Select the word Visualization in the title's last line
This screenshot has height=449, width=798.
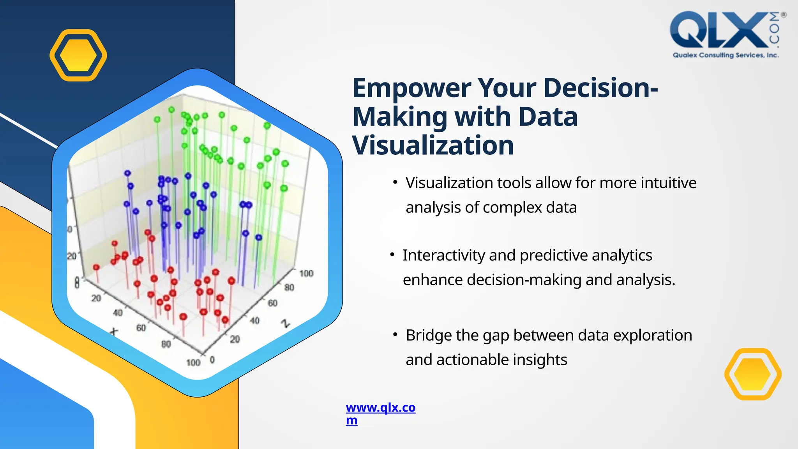pyautogui.click(x=433, y=145)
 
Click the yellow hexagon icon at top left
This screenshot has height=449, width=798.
pyautogui.click(x=78, y=55)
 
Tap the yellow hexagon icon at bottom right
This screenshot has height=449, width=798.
pyautogui.click(x=753, y=374)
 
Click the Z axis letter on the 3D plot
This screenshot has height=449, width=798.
pyautogui.click(x=286, y=323)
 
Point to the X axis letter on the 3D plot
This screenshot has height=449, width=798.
pyautogui.click(x=114, y=332)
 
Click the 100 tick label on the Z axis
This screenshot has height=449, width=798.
pyautogui.click(x=306, y=274)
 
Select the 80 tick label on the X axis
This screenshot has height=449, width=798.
pyautogui.click(x=166, y=344)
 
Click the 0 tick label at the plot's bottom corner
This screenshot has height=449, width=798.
pyautogui.click(x=212, y=360)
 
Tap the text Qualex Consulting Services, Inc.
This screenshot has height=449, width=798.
pyautogui.click(x=726, y=55)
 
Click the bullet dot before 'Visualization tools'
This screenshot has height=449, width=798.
pyautogui.click(x=395, y=182)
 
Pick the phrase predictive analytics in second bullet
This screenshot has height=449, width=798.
pyautogui.click(x=586, y=256)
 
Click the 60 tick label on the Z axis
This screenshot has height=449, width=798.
pyautogui.click(x=272, y=303)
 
